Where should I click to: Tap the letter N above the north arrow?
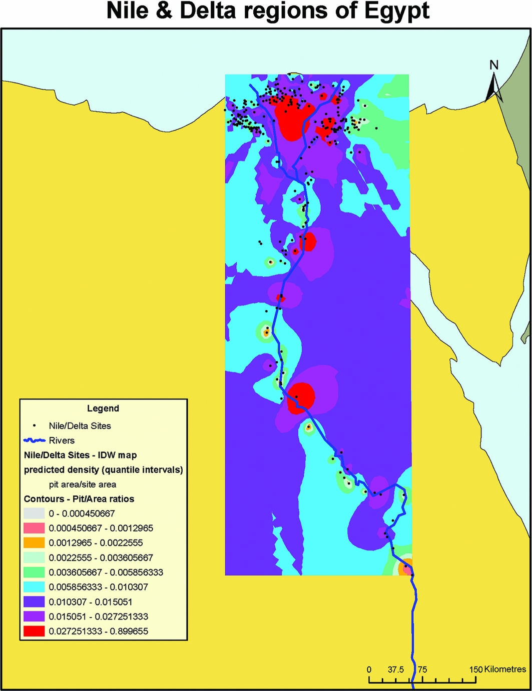click(494, 64)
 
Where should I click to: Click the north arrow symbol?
click(494, 87)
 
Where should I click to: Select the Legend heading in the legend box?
click(103, 408)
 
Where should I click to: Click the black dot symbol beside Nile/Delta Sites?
click(34, 426)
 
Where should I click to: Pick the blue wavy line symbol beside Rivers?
click(34, 440)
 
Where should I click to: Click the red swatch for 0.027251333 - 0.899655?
click(34, 631)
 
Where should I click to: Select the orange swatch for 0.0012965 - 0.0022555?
click(34, 542)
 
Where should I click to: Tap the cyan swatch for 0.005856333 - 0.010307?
click(34, 587)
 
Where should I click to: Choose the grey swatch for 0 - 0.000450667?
click(34, 513)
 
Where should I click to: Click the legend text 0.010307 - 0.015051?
click(91, 602)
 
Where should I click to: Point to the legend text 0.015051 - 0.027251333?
click(99, 616)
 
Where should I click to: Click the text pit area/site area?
click(83, 484)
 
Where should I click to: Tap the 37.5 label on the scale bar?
click(395, 669)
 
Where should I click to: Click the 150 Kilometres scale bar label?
click(497, 669)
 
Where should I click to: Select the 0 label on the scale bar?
click(369, 669)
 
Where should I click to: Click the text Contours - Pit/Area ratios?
click(79, 499)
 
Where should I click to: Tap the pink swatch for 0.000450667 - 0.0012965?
click(34, 528)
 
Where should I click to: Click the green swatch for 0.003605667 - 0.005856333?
click(34, 572)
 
